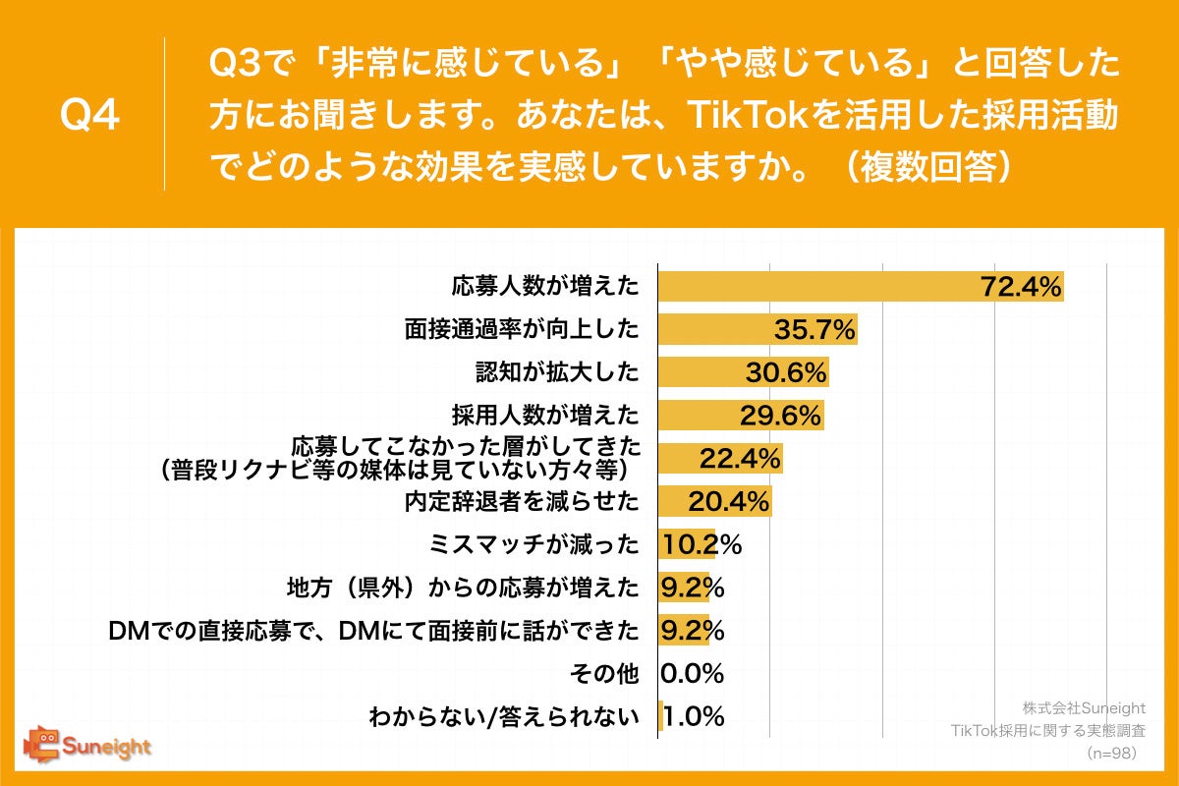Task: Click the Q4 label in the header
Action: [x=90, y=116]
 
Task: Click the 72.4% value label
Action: [x=1021, y=287]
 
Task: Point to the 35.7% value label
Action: [x=814, y=330]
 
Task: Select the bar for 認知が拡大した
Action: [x=743, y=372]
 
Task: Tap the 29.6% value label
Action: [x=780, y=416]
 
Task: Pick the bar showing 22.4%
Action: [x=719, y=459]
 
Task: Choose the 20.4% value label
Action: [x=727, y=502]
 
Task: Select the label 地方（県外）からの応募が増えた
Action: [x=461, y=588]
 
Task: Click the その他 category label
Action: [x=604, y=674]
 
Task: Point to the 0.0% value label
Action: [x=693, y=674]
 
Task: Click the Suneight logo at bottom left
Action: [x=87, y=746]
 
